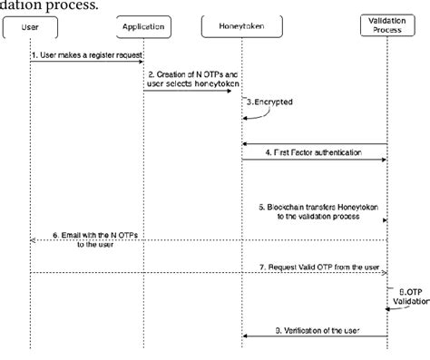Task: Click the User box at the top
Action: pos(30,26)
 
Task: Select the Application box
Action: pos(142,26)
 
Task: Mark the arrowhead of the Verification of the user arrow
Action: pos(245,337)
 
